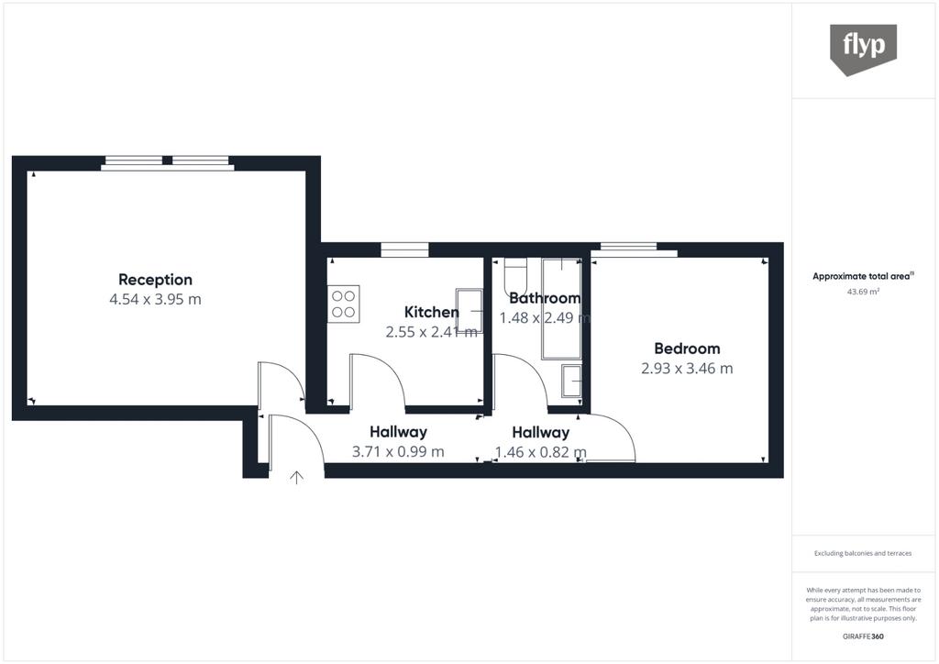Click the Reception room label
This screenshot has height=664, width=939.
pyautogui.click(x=155, y=280)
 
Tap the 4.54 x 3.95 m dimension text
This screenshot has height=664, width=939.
pyautogui.click(x=155, y=299)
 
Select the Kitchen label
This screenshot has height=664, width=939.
pyautogui.click(x=431, y=312)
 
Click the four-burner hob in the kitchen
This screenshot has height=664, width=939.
pyautogui.click(x=344, y=304)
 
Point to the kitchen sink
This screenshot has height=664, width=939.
pyautogui.click(x=469, y=310)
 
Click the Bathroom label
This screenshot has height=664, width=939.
pyautogui.click(x=545, y=298)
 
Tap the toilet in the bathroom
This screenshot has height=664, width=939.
pyautogui.click(x=514, y=277)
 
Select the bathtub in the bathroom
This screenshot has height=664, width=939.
pyautogui.click(x=561, y=308)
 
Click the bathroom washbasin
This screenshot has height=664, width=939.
pyautogui.click(x=572, y=381)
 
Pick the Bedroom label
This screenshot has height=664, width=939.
pyautogui.click(x=687, y=349)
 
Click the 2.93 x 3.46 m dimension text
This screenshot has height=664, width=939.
pyautogui.click(x=687, y=368)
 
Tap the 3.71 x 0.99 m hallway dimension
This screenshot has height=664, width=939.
pyautogui.click(x=398, y=451)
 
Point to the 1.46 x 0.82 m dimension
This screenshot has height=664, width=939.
pyautogui.click(x=541, y=452)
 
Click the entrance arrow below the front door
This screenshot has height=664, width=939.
pyautogui.click(x=296, y=477)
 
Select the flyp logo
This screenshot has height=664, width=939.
pyautogui.click(x=863, y=50)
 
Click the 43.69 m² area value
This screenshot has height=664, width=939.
pyautogui.click(x=863, y=293)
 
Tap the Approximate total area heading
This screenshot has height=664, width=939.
pyautogui.click(x=863, y=277)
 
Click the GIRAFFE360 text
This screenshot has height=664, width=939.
pyautogui.click(x=863, y=636)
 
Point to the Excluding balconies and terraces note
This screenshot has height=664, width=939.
pyautogui.click(x=863, y=553)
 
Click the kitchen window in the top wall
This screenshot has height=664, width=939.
pyautogui.click(x=404, y=249)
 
